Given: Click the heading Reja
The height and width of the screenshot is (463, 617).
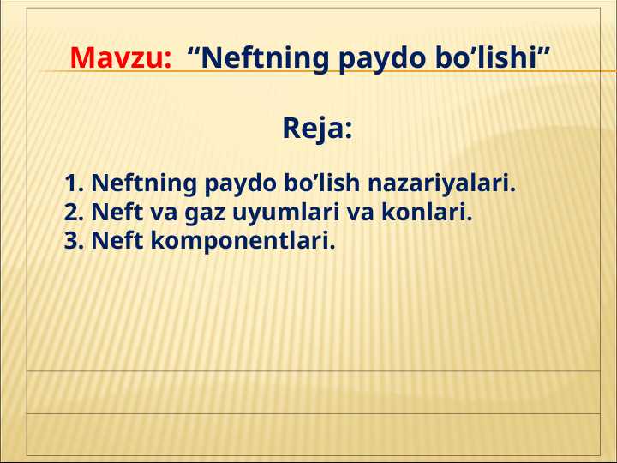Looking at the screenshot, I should pyautogui.click(x=317, y=130).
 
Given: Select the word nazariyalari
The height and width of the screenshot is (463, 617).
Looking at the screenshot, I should pyautogui.click(x=442, y=183).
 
